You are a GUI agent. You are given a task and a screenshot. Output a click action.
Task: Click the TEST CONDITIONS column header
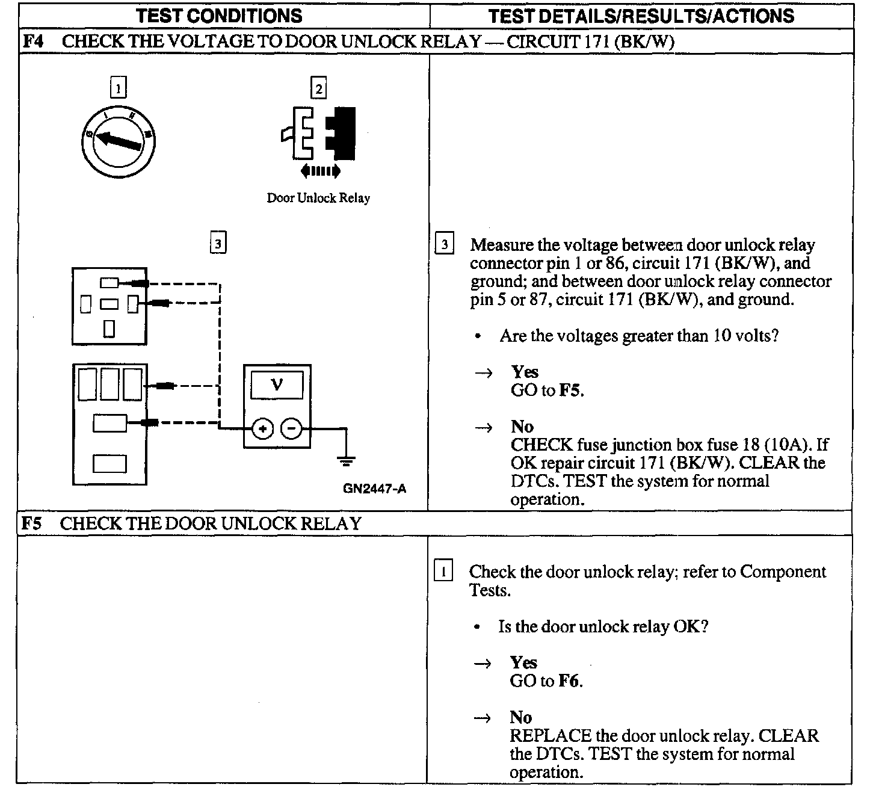coord(219,16)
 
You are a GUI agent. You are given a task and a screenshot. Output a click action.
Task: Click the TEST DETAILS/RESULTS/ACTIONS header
coord(641,16)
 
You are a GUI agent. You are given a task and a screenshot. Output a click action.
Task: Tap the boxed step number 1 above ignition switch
coord(119,89)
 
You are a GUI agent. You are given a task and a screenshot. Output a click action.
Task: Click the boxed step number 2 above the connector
coord(318,89)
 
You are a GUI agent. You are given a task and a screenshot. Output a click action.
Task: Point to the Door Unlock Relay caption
coord(318,198)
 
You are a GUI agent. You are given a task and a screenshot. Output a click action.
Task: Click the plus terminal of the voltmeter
coord(262,429)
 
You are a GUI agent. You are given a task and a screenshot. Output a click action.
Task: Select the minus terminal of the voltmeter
coord(292,429)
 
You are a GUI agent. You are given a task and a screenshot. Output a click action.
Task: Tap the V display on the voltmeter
coord(277,384)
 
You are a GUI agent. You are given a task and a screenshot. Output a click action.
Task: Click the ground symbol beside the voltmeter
coord(346,461)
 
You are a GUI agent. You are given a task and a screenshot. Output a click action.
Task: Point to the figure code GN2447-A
coord(374,488)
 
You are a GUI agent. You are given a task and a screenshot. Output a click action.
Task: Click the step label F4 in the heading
coord(32,42)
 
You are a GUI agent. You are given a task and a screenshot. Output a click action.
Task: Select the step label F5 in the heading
coord(31,523)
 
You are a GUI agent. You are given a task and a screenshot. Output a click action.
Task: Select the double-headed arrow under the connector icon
coord(321,171)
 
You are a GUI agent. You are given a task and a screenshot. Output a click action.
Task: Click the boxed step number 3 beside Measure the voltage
coord(444,244)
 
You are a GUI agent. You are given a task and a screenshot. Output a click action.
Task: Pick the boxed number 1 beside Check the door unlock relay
coord(443,571)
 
